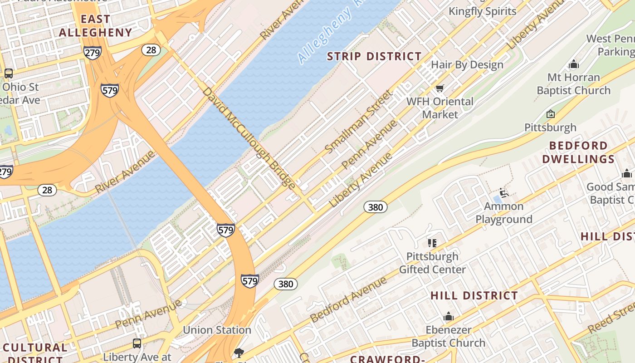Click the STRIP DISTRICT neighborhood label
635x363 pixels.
click(x=375, y=57)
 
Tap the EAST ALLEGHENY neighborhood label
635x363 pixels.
click(x=95, y=26)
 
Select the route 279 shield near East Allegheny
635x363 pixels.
click(x=92, y=53)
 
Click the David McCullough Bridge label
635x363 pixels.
click(x=249, y=137)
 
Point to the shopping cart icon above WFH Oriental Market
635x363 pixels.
click(x=440, y=88)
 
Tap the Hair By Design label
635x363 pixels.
click(x=467, y=65)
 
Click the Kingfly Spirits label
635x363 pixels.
click(x=482, y=11)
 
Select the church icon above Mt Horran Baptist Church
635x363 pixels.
click(x=574, y=64)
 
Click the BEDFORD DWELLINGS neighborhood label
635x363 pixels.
click(x=578, y=152)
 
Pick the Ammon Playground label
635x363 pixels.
click(x=503, y=213)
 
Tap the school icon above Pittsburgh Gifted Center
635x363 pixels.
click(x=432, y=243)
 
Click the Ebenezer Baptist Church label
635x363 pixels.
click(x=448, y=336)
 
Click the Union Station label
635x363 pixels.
click(x=217, y=330)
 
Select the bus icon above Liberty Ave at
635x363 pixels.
click(x=137, y=343)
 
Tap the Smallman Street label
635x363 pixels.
click(x=358, y=122)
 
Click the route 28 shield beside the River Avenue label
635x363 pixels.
click(x=47, y=190)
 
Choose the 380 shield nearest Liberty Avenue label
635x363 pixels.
click(x=376, y=207)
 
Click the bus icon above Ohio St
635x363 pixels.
click(x=8, y=74)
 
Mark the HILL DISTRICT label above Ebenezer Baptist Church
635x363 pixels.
click(x=474, y=296)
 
